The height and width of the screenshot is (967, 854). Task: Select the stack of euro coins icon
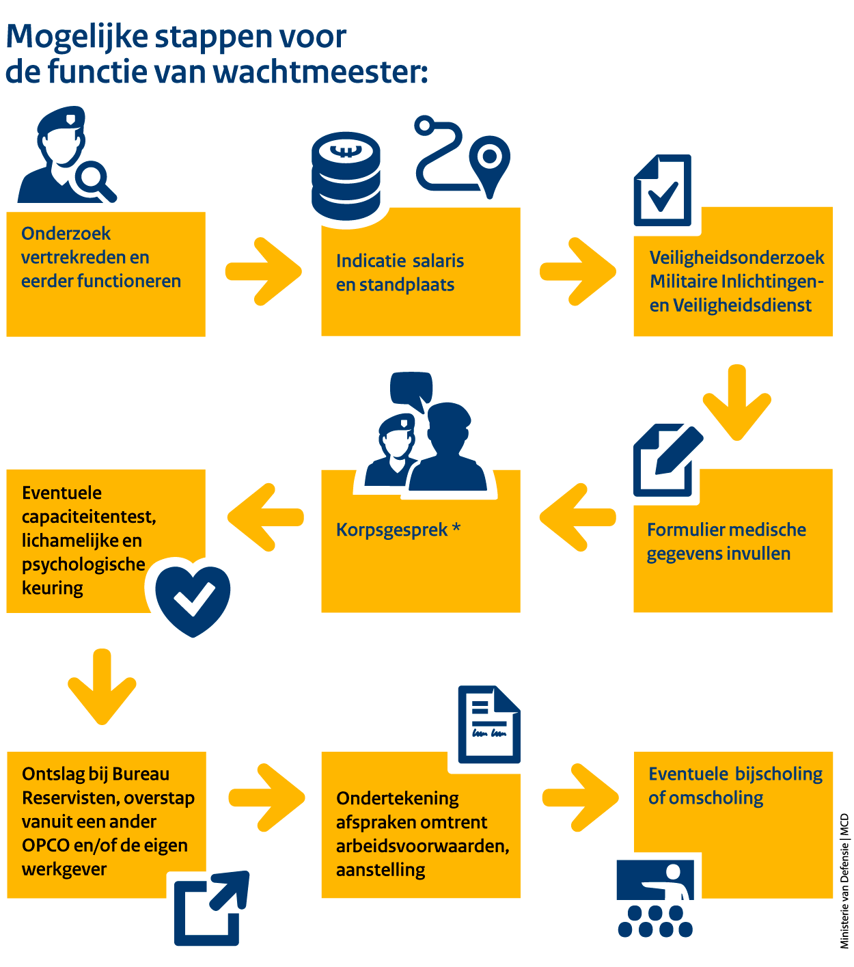tap(346, 176)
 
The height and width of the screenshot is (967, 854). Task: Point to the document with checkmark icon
tap(662, 191)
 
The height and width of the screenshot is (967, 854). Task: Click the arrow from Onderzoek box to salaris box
tap(264, 271)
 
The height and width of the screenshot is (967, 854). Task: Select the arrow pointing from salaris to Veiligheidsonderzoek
tap(577, 271)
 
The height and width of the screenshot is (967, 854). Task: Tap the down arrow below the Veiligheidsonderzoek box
tap(736, 401)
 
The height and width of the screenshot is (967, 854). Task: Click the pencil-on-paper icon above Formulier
tap(666, 460)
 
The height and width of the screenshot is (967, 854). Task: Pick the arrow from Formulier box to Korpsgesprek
tap(577, 517)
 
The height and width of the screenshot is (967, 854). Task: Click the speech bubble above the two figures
tap(411, 388)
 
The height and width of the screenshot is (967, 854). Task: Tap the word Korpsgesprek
tap(391, 530)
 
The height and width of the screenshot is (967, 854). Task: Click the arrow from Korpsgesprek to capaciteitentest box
tap(265, 517)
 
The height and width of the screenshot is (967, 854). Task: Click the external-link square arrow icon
tap(210, 908)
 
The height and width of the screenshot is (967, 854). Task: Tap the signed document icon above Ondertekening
tap(488, 724)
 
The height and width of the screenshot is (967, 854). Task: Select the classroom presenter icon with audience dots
tap(656, 897)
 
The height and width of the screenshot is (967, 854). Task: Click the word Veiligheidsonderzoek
tap(736, 258)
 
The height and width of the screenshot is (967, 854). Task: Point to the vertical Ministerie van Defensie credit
tap(844, 881)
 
